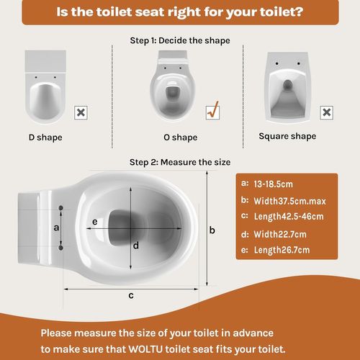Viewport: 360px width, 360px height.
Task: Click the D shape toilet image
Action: tap(45, 89)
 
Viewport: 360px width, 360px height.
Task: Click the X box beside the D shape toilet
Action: tap(81, 112)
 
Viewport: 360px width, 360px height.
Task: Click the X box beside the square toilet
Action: tap(326, 112)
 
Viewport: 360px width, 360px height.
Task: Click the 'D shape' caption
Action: tap(45, 137)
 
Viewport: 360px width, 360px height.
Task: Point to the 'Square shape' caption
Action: tap(287, 136)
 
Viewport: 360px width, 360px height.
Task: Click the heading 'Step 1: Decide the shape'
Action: tap(180, 41)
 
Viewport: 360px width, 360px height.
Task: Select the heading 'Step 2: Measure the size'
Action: tap(180, 162)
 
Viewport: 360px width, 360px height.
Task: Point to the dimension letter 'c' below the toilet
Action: tap(130, 295)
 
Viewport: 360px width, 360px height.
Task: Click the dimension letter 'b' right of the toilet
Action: tap(212, 230)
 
